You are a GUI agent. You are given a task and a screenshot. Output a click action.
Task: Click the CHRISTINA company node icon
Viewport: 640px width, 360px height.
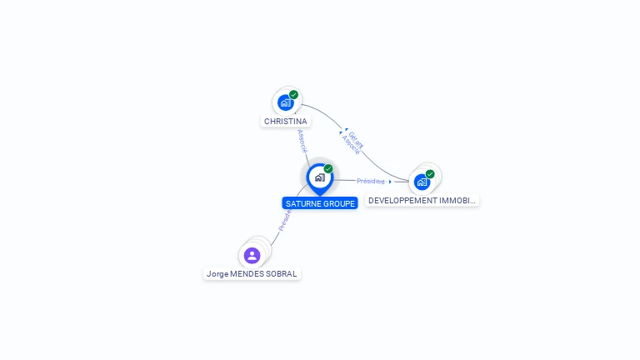(286, 102)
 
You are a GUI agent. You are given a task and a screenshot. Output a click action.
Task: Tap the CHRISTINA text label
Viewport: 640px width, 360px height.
(285, 122)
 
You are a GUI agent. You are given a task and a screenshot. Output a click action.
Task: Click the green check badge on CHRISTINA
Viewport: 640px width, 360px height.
(293, 95)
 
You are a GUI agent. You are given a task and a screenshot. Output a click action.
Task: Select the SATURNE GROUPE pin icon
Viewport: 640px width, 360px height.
(319, 177)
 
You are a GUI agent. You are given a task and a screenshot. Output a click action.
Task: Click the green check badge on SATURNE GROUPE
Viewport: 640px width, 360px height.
(328, 169)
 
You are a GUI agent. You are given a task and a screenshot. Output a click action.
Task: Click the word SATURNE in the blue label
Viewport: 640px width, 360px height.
(302, 203)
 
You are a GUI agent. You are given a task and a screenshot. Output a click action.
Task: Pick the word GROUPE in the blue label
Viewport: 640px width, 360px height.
(338, 203)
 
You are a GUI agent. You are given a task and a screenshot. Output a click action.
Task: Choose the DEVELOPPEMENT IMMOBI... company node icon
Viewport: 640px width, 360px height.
(422, 181)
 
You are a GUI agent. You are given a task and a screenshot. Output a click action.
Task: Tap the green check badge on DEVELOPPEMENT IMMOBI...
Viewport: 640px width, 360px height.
(430, 174)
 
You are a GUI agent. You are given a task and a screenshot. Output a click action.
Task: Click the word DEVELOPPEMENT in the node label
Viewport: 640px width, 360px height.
(403, 201)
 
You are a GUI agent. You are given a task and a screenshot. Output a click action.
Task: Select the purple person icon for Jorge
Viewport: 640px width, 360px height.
(252, 255)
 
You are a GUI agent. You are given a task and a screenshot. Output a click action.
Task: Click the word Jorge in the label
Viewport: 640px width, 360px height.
(217, 274)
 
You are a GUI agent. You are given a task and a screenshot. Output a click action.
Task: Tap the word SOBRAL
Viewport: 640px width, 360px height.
(282, 274)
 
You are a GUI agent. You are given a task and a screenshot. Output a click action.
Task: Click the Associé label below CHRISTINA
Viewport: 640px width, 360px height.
(302, 141)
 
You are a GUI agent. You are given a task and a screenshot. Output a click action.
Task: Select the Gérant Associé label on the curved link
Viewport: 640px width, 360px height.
(353, 142)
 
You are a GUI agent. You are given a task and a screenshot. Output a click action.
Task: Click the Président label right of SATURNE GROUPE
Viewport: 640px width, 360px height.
(370, 181)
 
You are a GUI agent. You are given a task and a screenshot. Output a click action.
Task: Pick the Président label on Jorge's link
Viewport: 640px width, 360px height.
(284, 220)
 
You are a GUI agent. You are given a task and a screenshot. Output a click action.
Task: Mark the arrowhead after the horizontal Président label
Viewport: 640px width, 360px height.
(390, 182)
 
